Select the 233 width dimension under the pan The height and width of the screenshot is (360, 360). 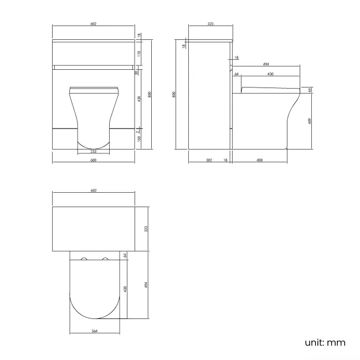[93, 151]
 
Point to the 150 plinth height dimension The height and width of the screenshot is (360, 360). [139, 138]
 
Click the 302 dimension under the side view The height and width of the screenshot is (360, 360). [208, 160]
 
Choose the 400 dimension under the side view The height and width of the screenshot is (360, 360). [260, 160]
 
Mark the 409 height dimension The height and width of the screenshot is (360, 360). [310, 121]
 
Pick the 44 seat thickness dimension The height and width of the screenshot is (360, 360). [310, 90]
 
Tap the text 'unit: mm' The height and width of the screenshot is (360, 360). [325, 342]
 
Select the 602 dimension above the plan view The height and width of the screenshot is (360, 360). [93, 191]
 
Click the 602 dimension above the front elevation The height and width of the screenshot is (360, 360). [93, 24]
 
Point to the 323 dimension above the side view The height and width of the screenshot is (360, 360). [210, 24]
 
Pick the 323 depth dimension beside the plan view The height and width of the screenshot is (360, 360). [147, 228]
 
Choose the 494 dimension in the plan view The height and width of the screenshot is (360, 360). [147, 285]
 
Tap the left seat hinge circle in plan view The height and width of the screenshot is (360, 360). [84, 259]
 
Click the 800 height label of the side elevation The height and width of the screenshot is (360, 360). [175, 95]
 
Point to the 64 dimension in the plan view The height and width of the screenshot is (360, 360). [125, 255]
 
